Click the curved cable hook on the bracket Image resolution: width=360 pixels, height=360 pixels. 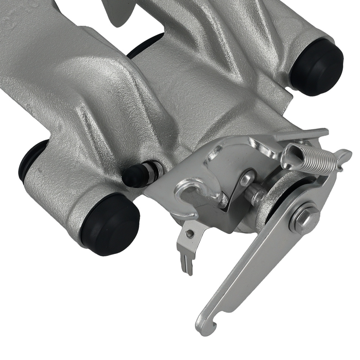[x=191, y=194]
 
